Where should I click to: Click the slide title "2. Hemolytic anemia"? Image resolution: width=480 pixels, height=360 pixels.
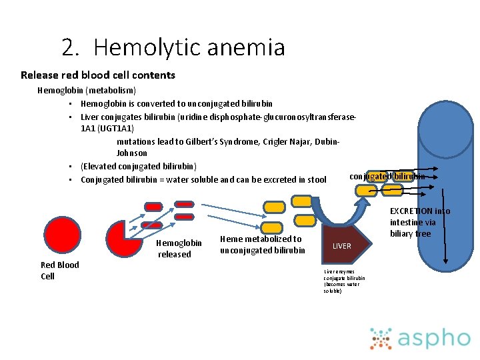point(173,47)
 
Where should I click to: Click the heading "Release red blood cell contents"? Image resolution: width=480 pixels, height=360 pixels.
point(98,75)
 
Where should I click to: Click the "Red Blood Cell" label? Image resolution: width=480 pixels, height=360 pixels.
point(59,270)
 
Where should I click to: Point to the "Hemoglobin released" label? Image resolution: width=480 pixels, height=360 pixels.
point(178,249)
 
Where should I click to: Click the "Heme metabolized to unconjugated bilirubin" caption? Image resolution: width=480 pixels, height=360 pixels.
point(261,244)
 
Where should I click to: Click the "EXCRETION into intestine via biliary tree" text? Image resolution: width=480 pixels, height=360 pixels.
point(419,223)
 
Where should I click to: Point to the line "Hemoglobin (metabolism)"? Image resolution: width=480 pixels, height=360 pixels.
point(87,90)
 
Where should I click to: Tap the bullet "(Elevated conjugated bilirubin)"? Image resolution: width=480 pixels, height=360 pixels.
point(138,166)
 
